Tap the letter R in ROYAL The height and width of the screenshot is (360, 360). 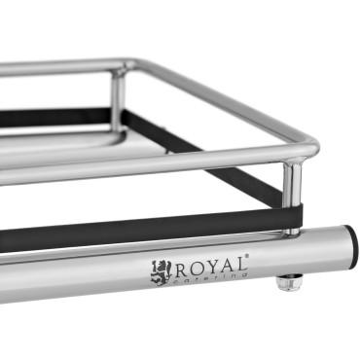(x=180, y=268)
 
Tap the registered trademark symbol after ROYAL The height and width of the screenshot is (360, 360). (x=248, y=256)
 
